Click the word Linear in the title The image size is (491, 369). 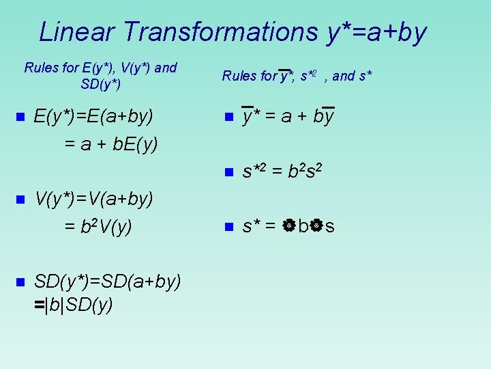[80, 32]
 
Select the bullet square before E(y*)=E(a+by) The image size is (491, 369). [19, 118]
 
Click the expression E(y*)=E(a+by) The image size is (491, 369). [93, 118]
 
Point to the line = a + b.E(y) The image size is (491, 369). [110, 144]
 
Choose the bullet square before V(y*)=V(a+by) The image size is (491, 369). [19, 199]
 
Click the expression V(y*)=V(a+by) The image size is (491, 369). [93, 199]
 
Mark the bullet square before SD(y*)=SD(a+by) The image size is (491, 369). [19, 281]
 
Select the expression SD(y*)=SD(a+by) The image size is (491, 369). [107, 281]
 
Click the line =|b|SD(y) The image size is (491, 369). [74, 306]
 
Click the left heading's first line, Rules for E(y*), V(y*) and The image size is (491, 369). [100, 68]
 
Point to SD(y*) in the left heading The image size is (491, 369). [100, 85]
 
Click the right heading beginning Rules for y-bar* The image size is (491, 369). [297, 76]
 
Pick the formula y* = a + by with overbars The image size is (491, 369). [288, 118]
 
